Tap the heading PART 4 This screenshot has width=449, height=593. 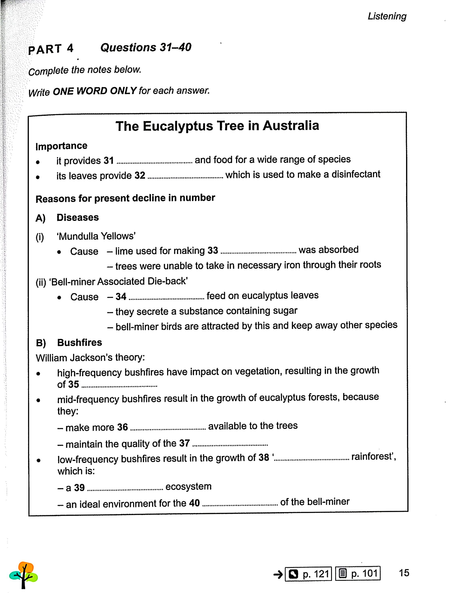click(x=51, y=49)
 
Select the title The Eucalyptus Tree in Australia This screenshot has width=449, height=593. click(x=217, y=126)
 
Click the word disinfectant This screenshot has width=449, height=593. click(x=356, y=174)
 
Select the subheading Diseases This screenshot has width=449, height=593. click(x=78, y=217)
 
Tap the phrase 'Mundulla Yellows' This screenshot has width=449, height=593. click(x=96, y=236)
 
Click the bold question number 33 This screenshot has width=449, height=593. click(x=213, y=250)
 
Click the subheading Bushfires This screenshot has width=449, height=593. click(x=79, y=343)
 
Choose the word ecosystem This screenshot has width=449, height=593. click(x=188, y=487)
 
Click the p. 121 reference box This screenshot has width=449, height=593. click(x=308, y=574)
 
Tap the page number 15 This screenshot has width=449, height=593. click(x=404, y=573)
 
